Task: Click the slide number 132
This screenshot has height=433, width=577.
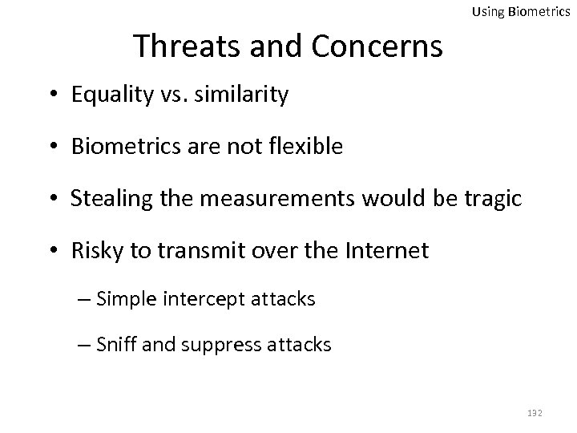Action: [x=535, y=412]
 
